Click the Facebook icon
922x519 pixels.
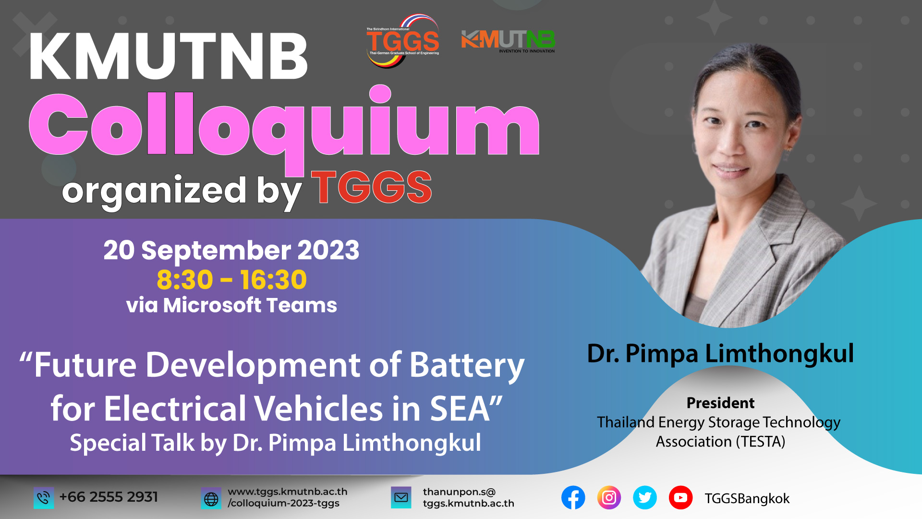tap(573, 498)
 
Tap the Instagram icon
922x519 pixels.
tap(609, 498)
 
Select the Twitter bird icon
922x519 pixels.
tap(645, 498)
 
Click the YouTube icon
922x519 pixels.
tap(680, 498)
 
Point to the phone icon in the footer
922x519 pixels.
tap(43, 498)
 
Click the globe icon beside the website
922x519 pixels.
tap(211, 498)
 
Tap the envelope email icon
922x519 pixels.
tap(401, 498)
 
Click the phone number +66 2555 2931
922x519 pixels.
tap(109, 497)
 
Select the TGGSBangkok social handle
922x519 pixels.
tap(747, 499)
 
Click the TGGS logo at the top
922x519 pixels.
tap(403, 41)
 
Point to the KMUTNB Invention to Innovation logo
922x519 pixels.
tap(508, 41)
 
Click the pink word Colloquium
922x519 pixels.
tap(284, 126)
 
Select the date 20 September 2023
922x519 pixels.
tap(231, 250)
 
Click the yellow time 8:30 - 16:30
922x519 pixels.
tap(231, 280)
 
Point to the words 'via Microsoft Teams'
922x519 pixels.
tap(231, 305)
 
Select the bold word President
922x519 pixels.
tap(720, 403)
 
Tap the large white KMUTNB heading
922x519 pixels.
tap(169, 57)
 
